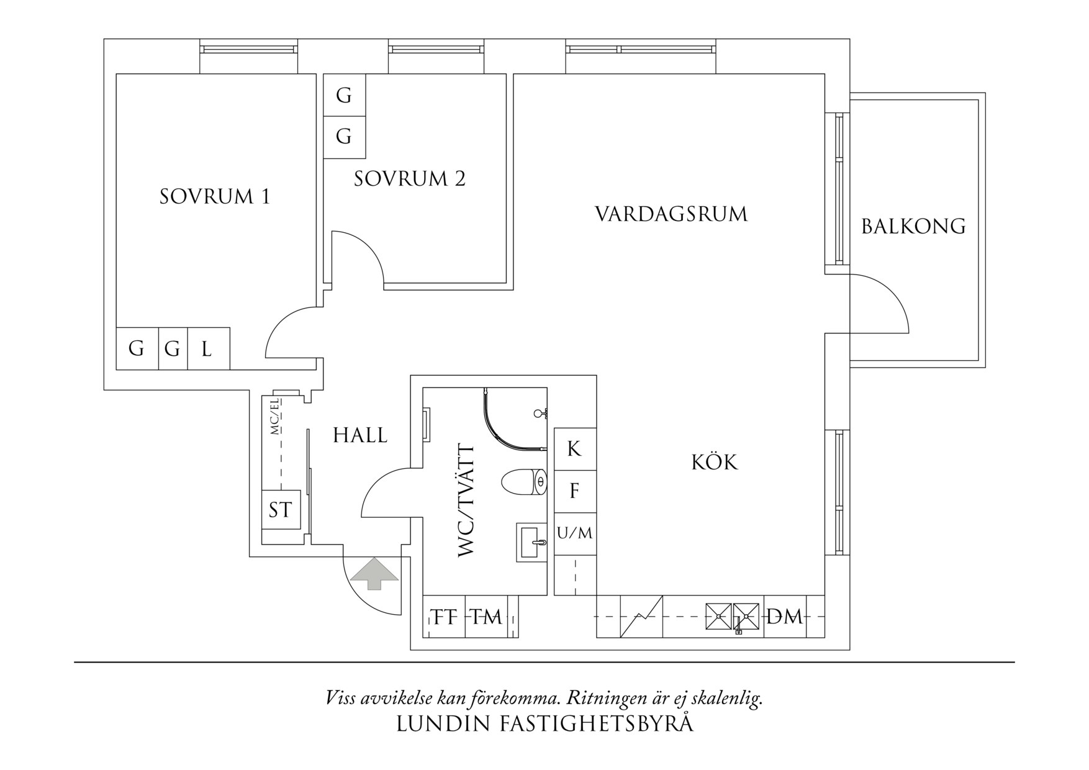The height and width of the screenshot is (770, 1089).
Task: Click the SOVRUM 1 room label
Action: coord(215,197)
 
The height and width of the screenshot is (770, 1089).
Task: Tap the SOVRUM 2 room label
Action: coord(410,179)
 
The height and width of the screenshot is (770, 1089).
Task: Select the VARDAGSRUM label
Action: coord(671,214)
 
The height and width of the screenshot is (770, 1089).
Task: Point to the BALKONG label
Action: coord(913,226)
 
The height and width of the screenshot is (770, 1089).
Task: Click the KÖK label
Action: coord(715,463)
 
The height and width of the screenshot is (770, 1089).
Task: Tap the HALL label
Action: coord(360,435)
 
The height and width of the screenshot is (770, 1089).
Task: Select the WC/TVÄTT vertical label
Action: coord(466,500)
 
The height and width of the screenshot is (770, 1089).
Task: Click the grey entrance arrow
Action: coord(374,573)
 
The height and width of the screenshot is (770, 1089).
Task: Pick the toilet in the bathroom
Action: coord(524,482)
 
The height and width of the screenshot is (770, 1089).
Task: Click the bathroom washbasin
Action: coord(531,542)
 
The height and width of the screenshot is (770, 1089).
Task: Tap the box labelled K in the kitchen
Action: coord(574,448)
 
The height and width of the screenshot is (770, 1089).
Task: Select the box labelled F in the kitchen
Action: coord(574,491)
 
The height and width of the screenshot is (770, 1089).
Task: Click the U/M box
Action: coord(575,533)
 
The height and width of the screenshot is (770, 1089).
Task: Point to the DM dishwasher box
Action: coord(785,617)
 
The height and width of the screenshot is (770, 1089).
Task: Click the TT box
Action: coord(445,617)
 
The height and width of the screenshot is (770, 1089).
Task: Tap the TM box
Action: coord(486,617)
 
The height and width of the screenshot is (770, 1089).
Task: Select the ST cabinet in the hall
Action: coord(280,510)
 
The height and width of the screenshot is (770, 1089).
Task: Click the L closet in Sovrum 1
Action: coord(207,349)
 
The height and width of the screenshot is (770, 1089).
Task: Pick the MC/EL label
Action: coord(274,417)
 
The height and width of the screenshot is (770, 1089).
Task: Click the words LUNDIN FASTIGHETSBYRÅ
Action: coord(544,724)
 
